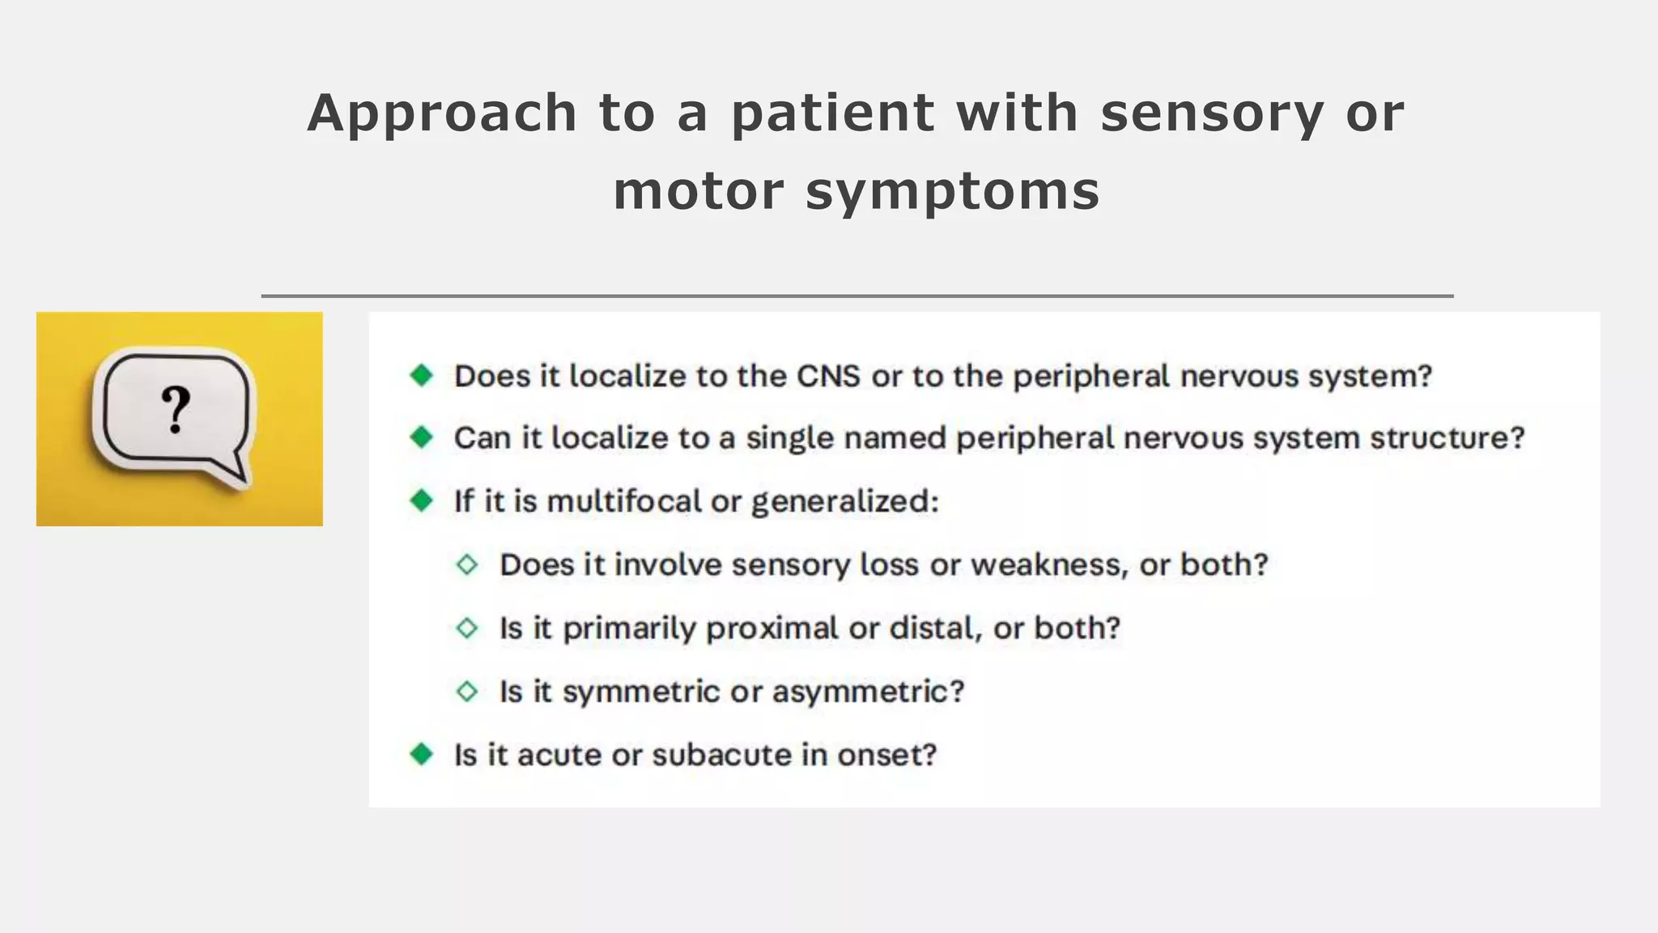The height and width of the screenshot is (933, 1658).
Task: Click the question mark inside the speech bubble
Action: [176, 410]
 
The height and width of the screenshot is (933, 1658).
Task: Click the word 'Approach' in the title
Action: [442, 113]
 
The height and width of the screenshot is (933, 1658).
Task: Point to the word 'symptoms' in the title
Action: [953, 191]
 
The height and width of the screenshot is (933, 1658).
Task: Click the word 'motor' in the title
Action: [699, 191]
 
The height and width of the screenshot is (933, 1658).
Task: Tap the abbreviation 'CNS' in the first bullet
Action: [828, 377]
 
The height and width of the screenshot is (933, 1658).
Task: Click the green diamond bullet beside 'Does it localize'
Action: [422, 375]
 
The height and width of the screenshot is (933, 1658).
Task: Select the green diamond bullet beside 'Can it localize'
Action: [422, 437]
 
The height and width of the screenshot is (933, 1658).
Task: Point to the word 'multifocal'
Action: [624, 501]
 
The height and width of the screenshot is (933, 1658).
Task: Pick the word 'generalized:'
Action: [845, 501]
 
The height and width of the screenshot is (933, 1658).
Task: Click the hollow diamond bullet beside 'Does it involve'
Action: [467, 564]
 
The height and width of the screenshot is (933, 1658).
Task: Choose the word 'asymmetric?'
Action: [868, 692]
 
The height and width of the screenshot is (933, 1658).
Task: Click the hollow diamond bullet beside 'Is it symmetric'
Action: [467, 692]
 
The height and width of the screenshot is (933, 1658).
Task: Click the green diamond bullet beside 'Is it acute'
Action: [422, 754]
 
